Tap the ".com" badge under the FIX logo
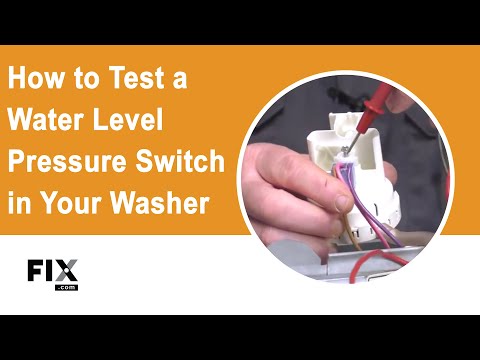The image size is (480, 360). pos(67,286)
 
